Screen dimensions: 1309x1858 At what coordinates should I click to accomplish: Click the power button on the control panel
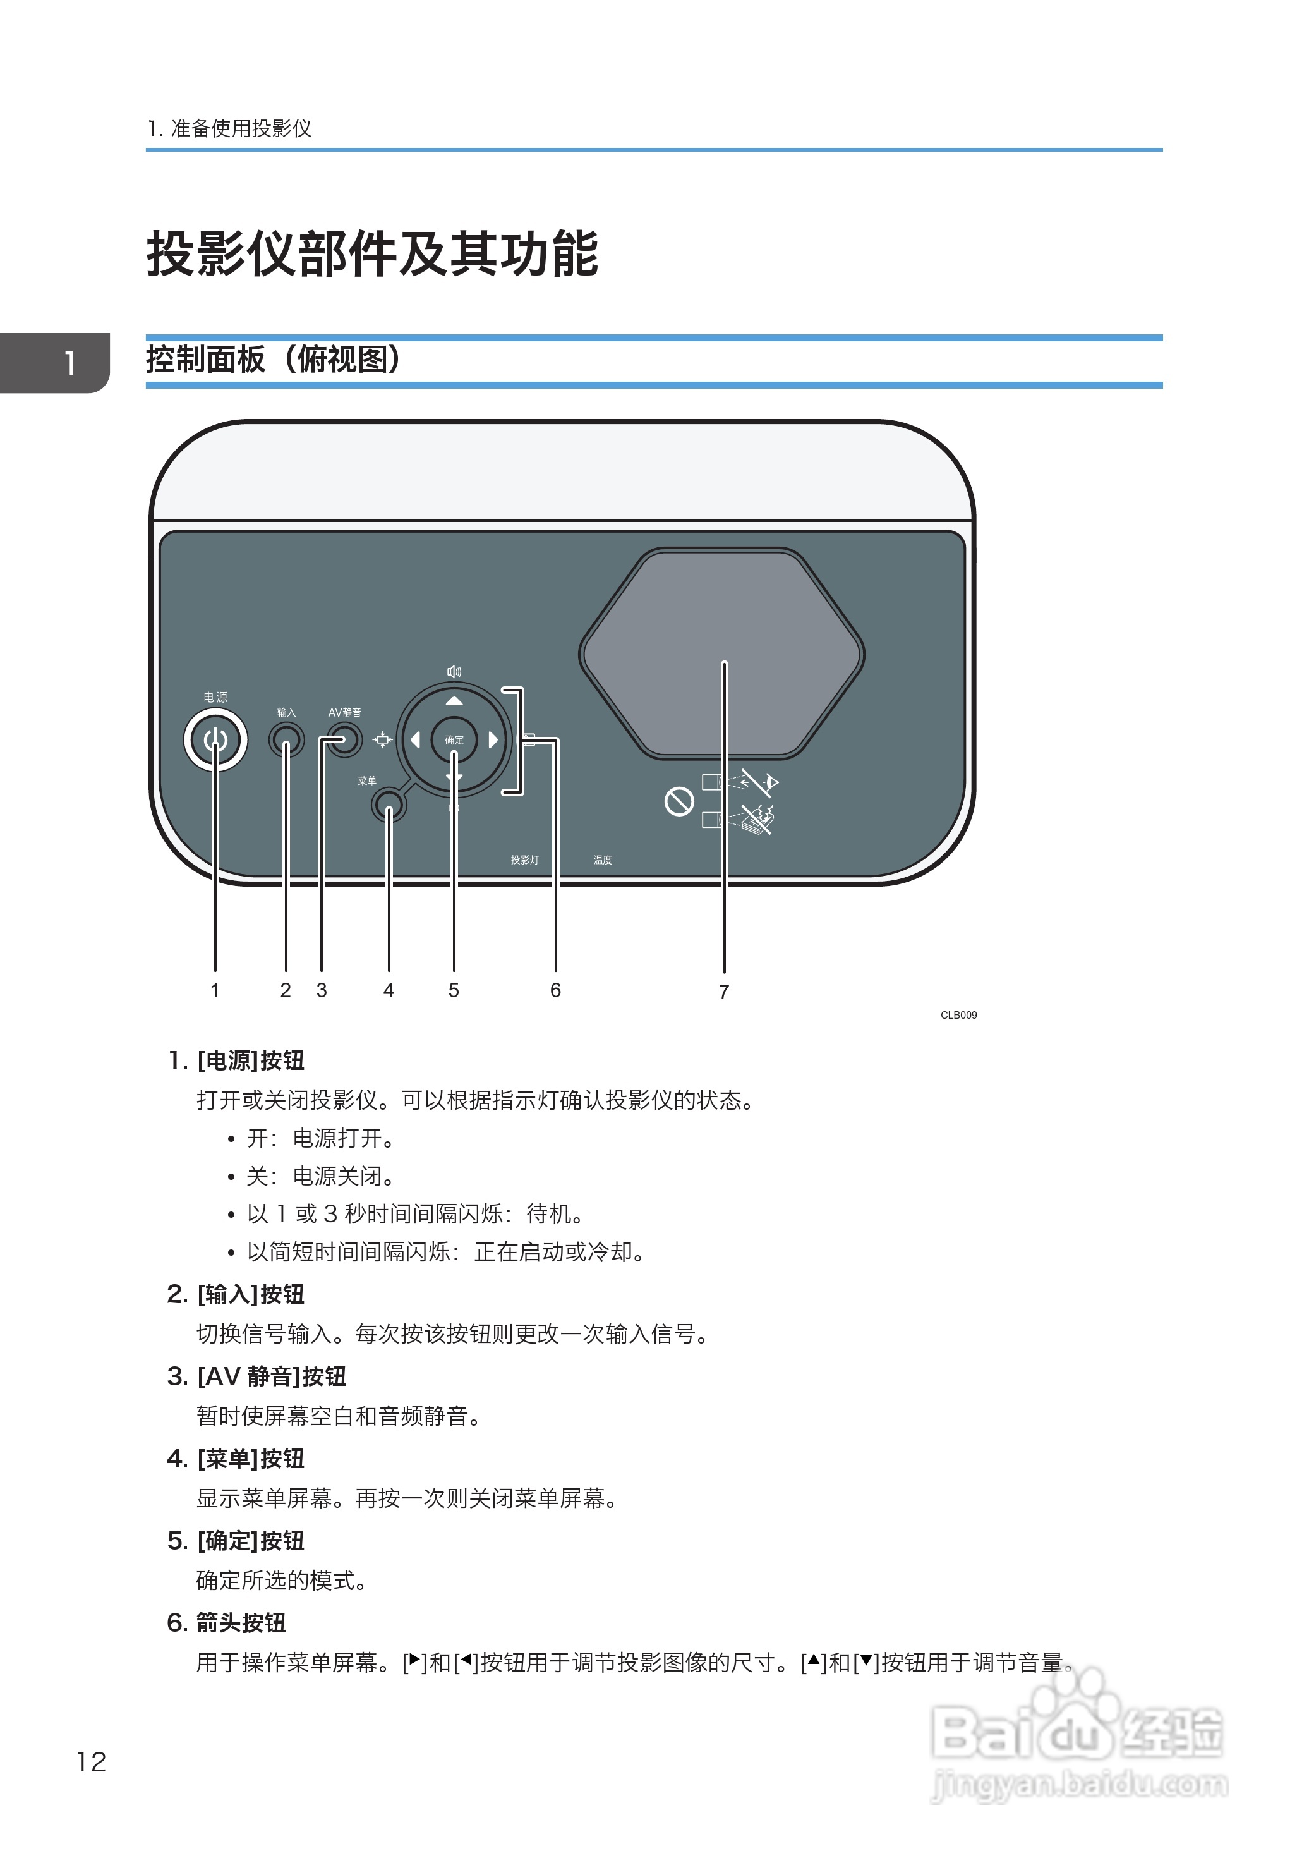pos(215,739)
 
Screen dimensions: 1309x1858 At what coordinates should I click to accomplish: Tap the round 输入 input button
pos(286,739)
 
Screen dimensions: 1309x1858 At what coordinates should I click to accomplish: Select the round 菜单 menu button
pos(389,805)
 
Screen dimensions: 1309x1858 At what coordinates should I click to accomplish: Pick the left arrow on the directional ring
pos(415,739)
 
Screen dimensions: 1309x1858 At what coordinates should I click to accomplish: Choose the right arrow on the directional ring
pos(493,739)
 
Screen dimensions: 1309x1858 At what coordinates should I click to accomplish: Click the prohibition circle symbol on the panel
pos(679,802)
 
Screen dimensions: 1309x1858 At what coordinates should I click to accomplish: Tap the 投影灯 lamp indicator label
pos(524,860)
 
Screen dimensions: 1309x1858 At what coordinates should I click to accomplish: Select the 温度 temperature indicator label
pos(603,860)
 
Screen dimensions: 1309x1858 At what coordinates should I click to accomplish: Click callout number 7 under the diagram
pos(723,992)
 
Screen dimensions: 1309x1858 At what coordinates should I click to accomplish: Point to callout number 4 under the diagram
pos(389,990)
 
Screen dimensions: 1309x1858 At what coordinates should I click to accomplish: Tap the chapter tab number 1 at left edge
pos(70,363)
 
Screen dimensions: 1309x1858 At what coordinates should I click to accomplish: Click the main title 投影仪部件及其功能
pos(372,254)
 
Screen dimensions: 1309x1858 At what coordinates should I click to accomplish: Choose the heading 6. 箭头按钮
pos(227,1622)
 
